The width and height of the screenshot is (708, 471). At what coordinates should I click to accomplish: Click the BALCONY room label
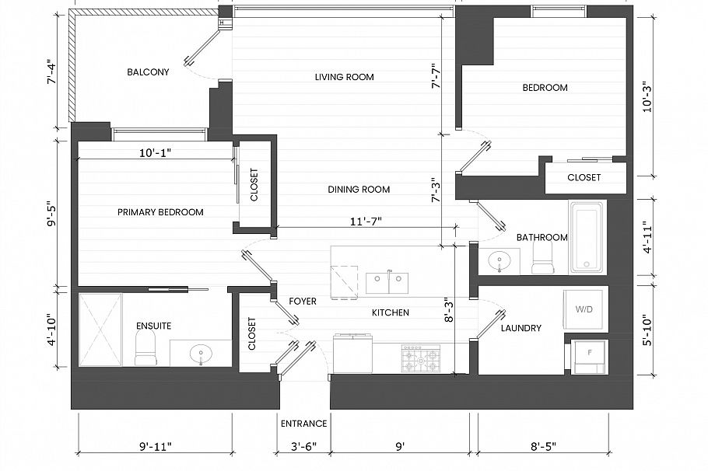(148, 72)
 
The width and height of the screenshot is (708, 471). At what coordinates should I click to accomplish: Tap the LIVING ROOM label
(344, 77)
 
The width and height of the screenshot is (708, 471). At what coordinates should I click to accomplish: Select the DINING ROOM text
(359, 190)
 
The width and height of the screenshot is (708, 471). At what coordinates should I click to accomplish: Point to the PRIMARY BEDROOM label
(160, 212)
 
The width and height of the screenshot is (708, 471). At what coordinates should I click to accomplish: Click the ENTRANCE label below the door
(303, 424)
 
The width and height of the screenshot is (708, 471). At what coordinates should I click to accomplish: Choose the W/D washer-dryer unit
(584, 309)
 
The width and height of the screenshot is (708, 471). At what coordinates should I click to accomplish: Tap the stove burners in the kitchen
(421, 358)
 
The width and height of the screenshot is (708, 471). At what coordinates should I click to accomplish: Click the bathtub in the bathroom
(587, 237)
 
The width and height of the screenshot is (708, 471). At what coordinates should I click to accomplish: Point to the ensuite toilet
(145, 350)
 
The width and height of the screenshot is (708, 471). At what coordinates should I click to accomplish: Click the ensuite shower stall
(100, 329)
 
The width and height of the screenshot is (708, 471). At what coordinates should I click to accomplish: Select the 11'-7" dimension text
(366, 222)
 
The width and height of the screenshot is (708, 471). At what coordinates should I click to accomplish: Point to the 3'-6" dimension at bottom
(303, 446)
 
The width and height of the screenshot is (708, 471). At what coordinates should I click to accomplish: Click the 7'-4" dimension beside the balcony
(52, 72)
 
